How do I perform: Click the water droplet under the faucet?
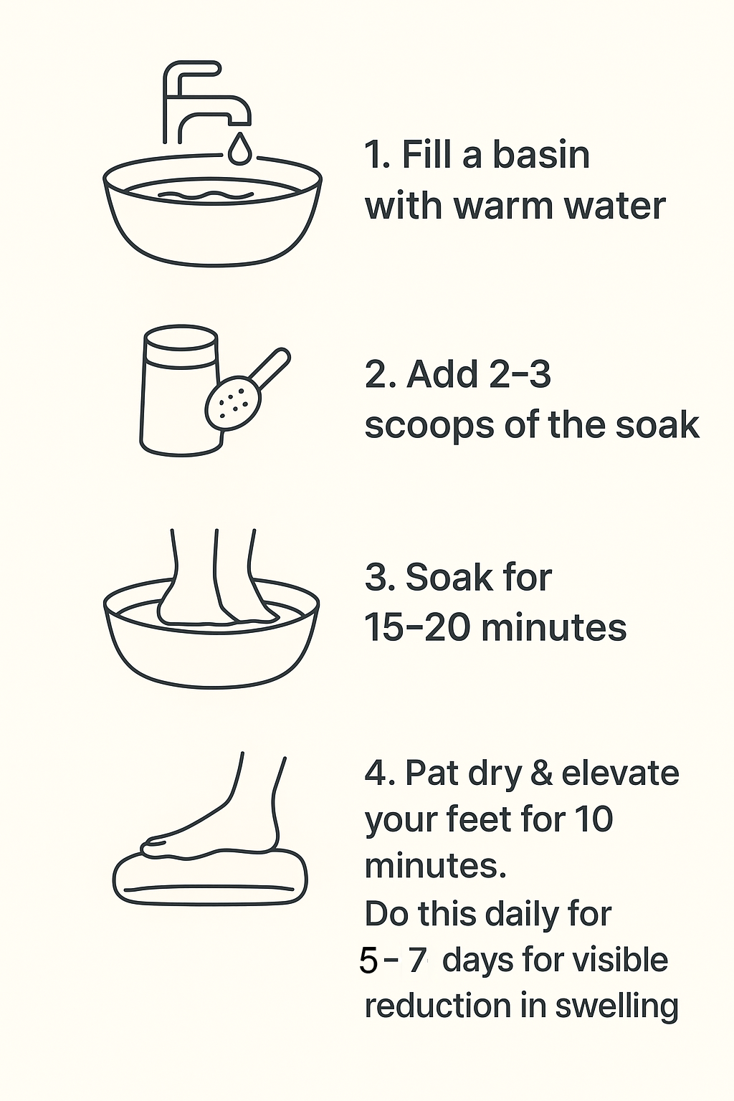coord(239,148)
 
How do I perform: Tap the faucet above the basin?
coord(206,103)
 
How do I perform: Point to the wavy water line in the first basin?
coord(206,195)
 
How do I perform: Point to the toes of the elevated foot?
coord(153,846)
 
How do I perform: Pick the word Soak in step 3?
coord(448,577)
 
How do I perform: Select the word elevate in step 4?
coord(620,773)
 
